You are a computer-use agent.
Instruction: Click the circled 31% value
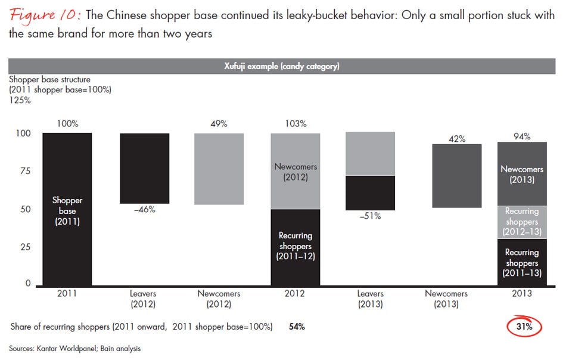pos(524,327)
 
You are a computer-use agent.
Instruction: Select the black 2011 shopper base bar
pos(67,209)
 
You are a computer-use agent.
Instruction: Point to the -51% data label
pos(370,216)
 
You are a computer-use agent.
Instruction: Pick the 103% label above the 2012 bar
pos(295,124)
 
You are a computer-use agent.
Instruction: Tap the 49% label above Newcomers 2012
pos(219,124)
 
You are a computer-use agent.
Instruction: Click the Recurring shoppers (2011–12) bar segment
pos(295,247)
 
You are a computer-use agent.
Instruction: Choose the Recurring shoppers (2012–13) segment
pos(521,221)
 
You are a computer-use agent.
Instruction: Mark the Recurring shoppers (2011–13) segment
pos(521,262)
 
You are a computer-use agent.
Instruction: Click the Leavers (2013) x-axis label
pos(370,299)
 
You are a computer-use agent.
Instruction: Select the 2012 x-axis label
pos(295,294)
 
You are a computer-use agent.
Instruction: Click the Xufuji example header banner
pos(283,66)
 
